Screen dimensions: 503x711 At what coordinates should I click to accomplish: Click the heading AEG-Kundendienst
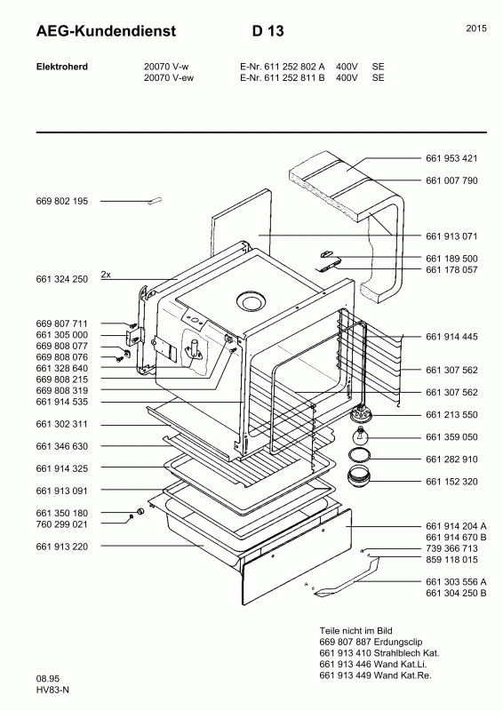click(x=106, y=31)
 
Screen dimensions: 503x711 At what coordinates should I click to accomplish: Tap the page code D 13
click(x=268, y=31)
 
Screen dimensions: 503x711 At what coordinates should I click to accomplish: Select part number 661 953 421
click(x=451, y=158)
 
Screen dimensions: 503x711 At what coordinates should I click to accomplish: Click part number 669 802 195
click(x=61, y=201)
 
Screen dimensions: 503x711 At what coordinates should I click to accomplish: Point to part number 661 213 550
click(x=451, y=414)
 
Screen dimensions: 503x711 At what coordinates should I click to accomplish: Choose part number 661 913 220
click(x=61, y=547)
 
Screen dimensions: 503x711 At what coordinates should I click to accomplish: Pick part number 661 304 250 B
click(x=456, y=593)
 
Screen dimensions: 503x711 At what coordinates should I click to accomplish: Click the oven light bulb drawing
click(x=361, y=436)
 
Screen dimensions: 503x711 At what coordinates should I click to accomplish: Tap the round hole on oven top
click(x=249, y=300)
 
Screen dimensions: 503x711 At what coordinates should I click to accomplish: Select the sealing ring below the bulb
click(x=359, y=455)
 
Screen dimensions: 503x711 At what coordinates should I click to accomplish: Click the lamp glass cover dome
click(x=358, y=475)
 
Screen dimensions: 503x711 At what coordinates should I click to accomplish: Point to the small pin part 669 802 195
click(x=155, y=201)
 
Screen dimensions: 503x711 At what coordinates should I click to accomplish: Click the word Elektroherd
click(x=61, y=67)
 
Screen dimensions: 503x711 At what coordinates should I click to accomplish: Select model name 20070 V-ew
click(x=169, y=77)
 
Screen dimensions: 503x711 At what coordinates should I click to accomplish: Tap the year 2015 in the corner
click(x=476, y=28)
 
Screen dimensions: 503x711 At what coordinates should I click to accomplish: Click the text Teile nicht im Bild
click(x=355, y=630)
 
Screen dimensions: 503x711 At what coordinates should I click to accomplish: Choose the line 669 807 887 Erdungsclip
click(x=371, y=642)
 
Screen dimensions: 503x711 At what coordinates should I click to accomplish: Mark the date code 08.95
click(x=47, y=679)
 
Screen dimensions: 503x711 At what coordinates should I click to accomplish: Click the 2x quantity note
click(x=106, y=275)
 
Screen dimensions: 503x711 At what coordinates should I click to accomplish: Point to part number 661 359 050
click(x=451, y=436)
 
